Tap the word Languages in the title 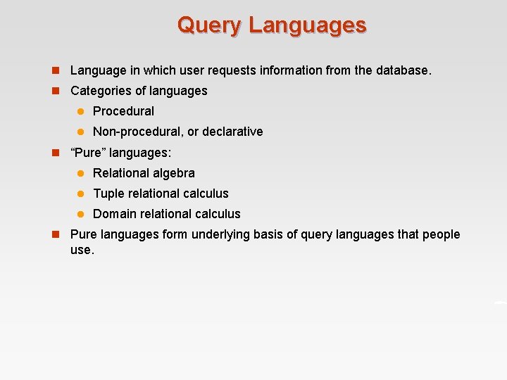coord(307,25)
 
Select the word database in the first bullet coord(403,70)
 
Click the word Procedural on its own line coord(123,111)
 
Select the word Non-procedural coord(138,132)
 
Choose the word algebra coord(173,173)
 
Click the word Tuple coord(108,194)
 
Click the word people coord(442,234)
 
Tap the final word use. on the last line coord(82,250)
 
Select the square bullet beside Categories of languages coord(54,91)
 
